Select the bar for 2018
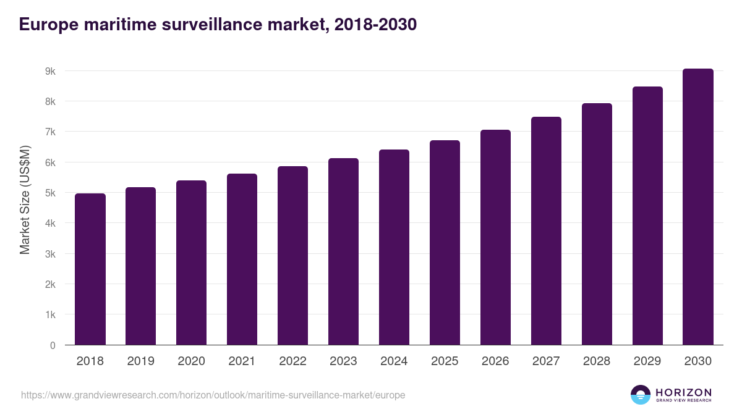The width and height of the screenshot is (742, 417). (90, 269)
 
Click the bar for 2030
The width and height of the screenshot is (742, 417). (698, 207)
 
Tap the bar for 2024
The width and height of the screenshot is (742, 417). (394, 247)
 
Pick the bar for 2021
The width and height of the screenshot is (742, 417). (242, 259)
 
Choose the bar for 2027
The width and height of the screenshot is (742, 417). (546, 231)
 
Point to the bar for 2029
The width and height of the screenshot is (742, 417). (647, 216)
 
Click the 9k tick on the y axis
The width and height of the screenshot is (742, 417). (50, 71)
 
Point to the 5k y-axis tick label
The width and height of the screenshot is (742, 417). (50, 193)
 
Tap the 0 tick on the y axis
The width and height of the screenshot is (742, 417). (53, 345)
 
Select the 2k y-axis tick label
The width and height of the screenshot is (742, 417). (50, 285)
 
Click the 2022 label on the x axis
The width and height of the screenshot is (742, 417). (292, 361)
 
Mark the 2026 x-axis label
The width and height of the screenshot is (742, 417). (495, 361)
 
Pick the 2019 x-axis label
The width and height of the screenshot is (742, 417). (141, 361)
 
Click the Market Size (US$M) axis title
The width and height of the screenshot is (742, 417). (25, 199)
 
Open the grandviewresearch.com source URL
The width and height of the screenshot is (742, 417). (213, 395)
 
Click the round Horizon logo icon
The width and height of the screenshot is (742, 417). (641, 395)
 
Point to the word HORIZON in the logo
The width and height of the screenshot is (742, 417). (683, 392)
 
